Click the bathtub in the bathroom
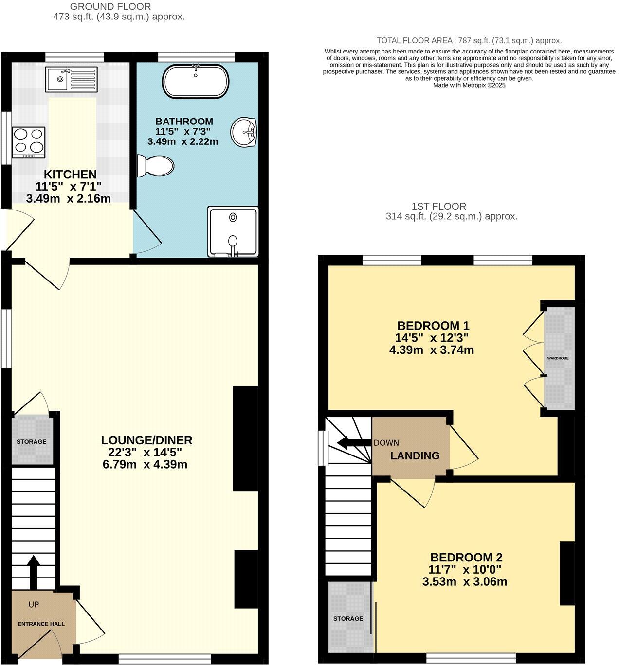point(196,81)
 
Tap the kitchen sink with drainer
point(72,79)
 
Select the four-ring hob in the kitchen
point(29,142)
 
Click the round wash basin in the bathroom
point(243,132)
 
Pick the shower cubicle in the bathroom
point(233,232)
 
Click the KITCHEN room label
point(70,174)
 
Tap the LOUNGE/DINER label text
point(147,440)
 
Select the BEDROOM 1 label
point(433,326)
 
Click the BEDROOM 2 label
point(466,557)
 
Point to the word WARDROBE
point(558,358)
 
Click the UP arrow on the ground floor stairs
point(33,573)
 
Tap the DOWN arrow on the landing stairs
point(354,443)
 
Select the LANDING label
point(415,455)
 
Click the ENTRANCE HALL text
point(41,624)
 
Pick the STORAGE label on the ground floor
point(32,442)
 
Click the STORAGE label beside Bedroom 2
point(348,618)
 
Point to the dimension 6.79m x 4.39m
point(145,464)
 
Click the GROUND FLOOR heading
point(110,6)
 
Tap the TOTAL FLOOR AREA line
point(469,41)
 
